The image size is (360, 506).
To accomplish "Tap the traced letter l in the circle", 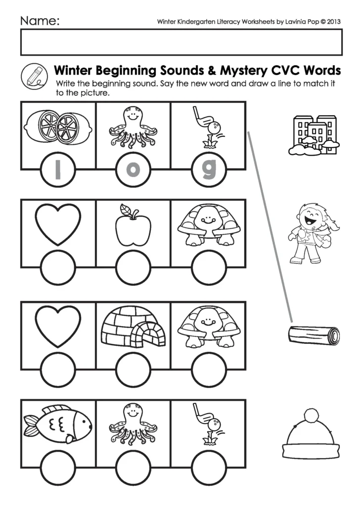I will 57,170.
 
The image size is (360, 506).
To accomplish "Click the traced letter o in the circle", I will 133,170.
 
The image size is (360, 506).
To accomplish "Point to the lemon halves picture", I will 57,126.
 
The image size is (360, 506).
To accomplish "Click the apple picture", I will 133,225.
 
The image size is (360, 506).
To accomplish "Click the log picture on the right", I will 314,337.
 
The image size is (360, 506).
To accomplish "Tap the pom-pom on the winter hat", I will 310,415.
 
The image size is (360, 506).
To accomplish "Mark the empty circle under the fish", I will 57,467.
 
